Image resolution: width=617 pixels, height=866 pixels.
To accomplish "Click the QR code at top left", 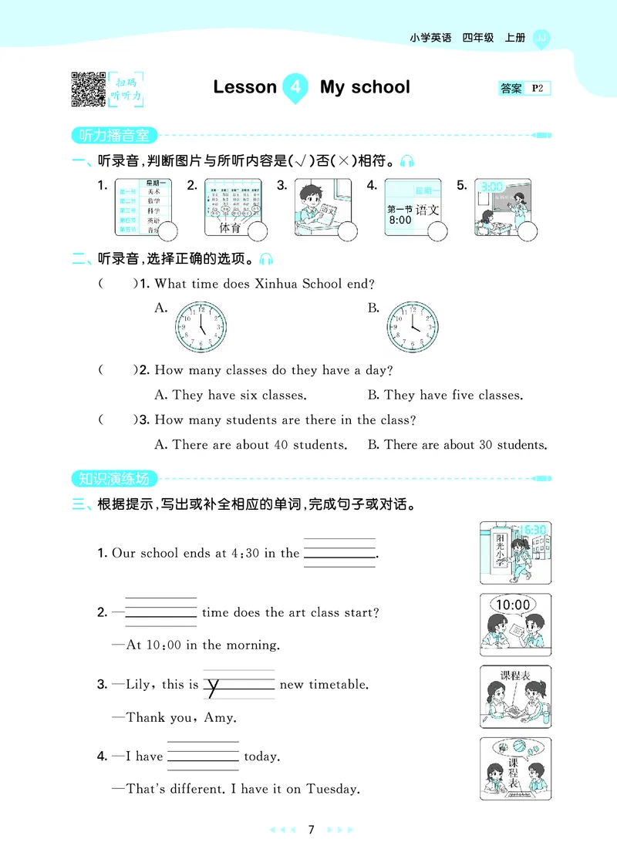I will pyautogui.click(x=88, y=88).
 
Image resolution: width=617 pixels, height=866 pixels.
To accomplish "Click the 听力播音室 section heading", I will pyautogui.click(x=114, y=136).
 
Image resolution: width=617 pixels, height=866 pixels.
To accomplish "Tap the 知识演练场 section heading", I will pyautogui.click(x=114, y=478).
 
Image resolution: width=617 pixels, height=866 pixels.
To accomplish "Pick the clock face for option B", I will pyautogui.click(x=412, y=326).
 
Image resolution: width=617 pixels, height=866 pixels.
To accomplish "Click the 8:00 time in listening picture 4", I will pyautogui.click(x=400, y=220).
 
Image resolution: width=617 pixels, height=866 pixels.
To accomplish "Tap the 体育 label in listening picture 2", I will pyautogui.click(x=230, y=228).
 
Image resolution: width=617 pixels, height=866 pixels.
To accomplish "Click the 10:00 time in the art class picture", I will pyautogui.click(x=513, y=605).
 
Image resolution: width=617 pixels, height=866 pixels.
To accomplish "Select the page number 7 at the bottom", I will pyautogui.click(x=310, y=830).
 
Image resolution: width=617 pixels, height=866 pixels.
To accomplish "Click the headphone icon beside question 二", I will pyautogui.click(x=267, y=259).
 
